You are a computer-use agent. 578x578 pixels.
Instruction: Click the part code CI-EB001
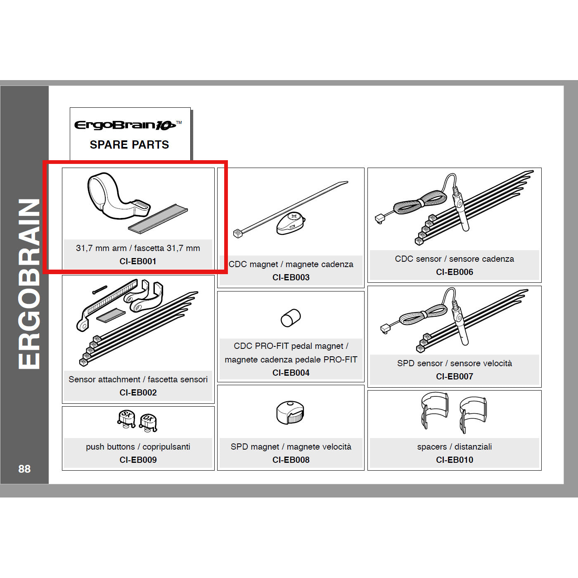[138, 261]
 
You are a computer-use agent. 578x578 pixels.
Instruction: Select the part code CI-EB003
[291, 277]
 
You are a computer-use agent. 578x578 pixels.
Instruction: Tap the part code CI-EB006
[454, 272]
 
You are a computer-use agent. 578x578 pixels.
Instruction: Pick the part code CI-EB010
[454, 460]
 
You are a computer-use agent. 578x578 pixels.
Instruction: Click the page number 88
[24, 469]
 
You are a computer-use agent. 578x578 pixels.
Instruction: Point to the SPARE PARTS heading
[129, 145]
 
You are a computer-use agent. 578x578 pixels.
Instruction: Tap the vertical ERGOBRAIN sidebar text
[29, 284]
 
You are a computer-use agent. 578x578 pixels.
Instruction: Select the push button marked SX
[127, 417]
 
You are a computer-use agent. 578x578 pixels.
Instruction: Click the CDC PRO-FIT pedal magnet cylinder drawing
[291, 317]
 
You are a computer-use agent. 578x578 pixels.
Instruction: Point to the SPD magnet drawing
[290, 412]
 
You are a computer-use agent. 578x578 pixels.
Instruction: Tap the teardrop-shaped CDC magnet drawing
[291, 224]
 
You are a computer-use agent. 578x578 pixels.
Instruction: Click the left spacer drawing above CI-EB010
[434, 410]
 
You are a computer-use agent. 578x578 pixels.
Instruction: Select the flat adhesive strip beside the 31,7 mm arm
[158, 219]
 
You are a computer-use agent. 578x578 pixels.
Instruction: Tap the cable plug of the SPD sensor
[385, 328]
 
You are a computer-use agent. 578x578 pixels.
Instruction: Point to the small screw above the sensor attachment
[99, 289]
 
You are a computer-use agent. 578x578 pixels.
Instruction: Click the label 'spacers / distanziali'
[454, 447]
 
